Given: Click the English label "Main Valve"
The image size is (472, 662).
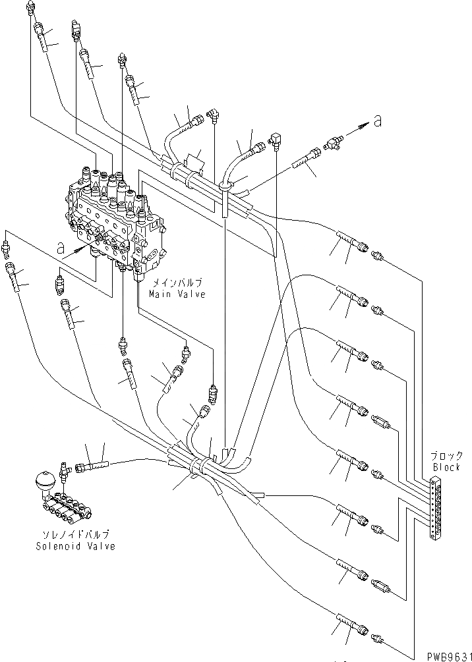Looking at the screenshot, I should point(176,294).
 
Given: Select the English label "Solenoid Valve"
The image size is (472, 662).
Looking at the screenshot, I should point(76,546).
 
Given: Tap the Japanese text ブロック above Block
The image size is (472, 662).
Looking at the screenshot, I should point(446,456).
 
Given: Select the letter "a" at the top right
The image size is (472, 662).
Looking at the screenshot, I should point(377,121).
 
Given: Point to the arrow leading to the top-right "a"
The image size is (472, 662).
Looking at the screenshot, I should point(357,130).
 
